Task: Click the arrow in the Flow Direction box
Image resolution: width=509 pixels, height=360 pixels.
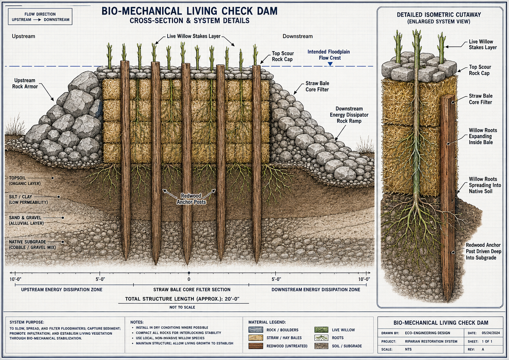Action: tap(37, 20)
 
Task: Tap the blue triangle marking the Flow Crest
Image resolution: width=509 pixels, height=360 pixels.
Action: tap(330, 64)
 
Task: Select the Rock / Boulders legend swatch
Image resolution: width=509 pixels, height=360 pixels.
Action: tap(256, 330)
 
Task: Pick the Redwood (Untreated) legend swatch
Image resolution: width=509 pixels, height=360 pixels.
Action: tap(256, 346)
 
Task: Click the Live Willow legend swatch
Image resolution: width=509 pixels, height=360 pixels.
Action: tap(321, 330)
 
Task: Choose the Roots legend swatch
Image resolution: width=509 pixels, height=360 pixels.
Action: tap(321, 338)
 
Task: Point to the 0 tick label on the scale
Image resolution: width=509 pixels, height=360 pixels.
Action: tap(189, 279)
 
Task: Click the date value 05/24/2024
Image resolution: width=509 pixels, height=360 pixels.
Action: tap(491, 333)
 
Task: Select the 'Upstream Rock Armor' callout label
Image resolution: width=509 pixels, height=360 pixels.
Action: tap(25, 83)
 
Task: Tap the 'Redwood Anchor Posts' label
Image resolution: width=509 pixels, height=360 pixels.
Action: tap(191, 199)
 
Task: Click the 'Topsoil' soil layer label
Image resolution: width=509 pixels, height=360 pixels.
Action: tap(25, 181)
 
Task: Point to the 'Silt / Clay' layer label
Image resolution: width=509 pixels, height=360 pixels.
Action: tap(28, 199)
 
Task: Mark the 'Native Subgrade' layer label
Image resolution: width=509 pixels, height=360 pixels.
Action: tap(32, 245)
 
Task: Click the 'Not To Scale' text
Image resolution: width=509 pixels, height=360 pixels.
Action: tap(182, 307)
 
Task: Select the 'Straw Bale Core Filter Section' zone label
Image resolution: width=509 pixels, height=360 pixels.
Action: tap(192, 290)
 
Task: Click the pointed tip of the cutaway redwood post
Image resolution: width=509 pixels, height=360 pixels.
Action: tap(449, 302)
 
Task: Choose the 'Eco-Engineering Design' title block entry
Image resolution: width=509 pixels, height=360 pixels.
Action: tap(427, 333)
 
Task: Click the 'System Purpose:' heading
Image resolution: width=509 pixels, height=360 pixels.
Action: tap(27, 322)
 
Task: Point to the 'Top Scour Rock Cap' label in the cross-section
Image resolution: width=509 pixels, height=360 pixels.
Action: tap(283, 56)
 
